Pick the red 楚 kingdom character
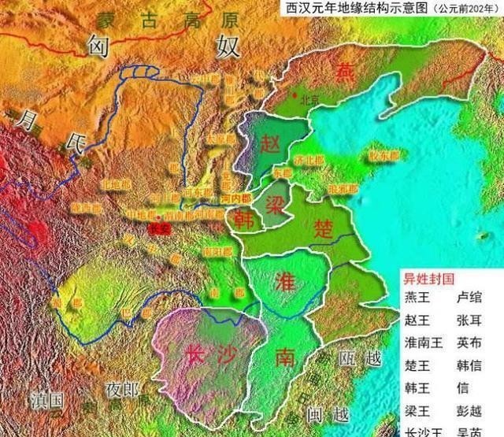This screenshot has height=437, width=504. pos(324,229)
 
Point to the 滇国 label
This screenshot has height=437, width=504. pos(46,399)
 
